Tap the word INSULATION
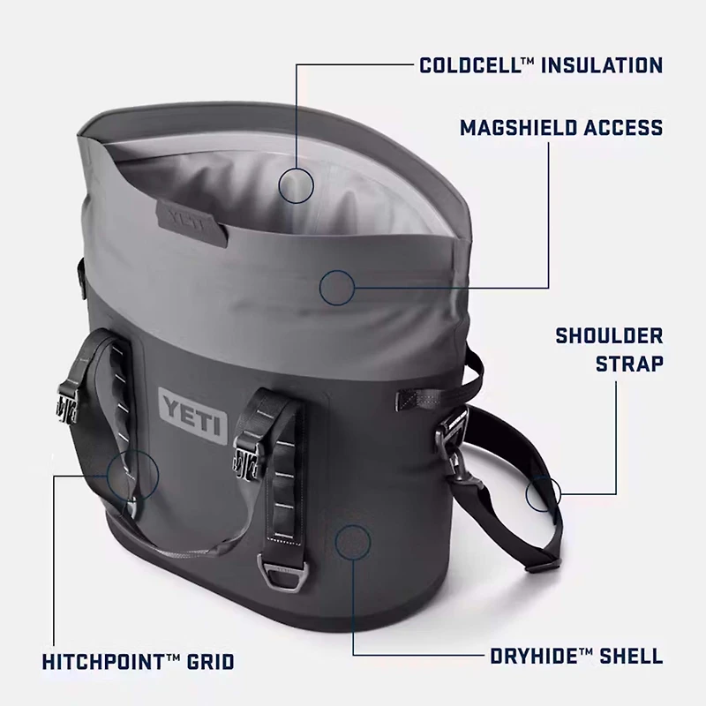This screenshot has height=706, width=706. point(602,64)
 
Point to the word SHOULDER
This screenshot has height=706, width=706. point(609,336)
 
